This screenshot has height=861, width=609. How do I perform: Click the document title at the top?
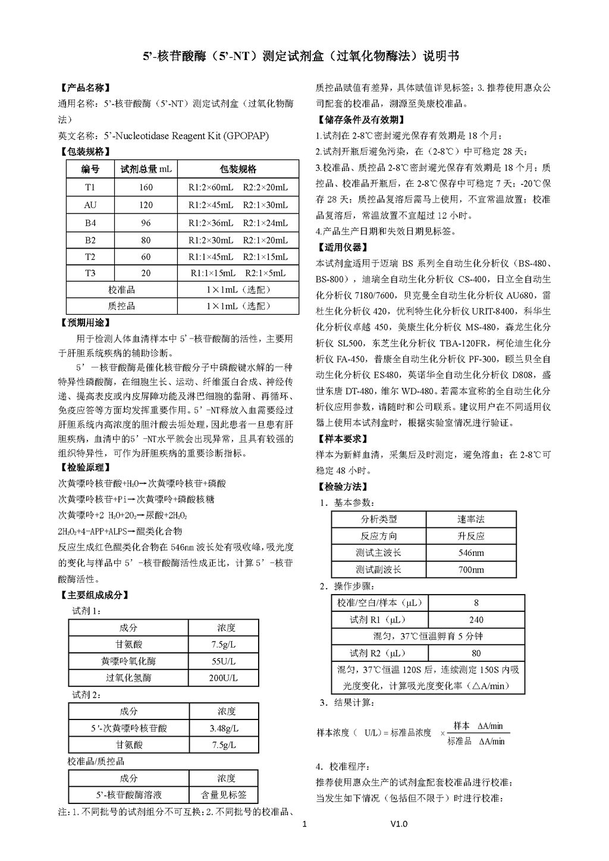(x=302, y=56)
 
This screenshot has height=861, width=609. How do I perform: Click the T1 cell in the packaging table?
(x=90, y=187)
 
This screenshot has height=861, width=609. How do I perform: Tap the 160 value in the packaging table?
(x=146, y=187)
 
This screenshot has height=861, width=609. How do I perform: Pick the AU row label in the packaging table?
(x=90, y=205)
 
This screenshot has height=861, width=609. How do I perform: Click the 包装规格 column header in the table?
(x=238, y=169)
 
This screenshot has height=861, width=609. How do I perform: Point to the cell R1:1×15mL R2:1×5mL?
(x=238, y=274)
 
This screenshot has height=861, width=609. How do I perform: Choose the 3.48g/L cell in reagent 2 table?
(x=224, y=728)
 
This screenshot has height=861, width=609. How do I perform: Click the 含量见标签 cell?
(x=224, y=794)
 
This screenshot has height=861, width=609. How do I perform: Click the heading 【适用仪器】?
(x=343, y=247)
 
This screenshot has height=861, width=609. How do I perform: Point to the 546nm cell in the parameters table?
(x=471, y=553)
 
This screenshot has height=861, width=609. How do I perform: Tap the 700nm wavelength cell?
(x=471, y=570)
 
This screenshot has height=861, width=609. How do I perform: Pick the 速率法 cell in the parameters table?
(x=471, y=520)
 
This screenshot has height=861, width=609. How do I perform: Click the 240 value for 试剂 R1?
(x=476, y=620)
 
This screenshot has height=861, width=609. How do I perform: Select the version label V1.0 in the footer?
(x=399, y=824)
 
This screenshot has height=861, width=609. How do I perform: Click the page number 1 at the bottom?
(x=304, y=824)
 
